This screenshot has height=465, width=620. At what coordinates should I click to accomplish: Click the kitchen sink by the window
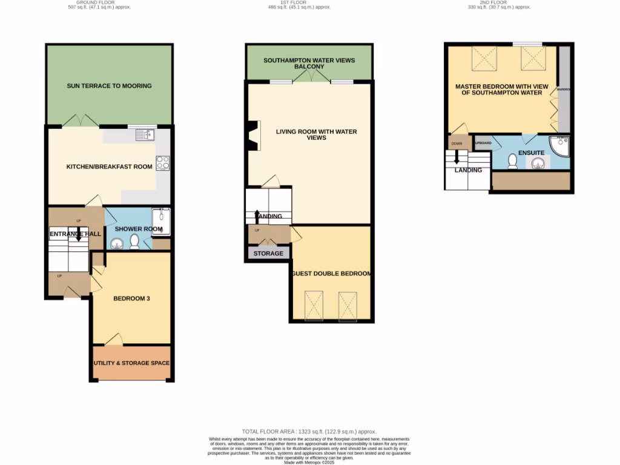click(145, 135)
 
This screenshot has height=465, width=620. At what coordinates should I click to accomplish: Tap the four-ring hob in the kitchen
click(163, 163)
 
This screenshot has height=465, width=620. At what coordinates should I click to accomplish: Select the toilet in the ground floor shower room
click(134, 242)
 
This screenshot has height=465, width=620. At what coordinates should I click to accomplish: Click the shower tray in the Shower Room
click(161, 220)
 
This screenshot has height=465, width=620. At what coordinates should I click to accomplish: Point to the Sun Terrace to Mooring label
click(109, 86)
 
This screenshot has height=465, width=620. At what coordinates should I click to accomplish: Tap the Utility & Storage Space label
click(131, 363)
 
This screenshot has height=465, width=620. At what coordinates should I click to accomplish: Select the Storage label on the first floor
click(268, 253)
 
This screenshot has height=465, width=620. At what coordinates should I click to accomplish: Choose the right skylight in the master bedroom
click(533, 59)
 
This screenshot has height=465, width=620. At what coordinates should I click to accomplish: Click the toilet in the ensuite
click(512, 160)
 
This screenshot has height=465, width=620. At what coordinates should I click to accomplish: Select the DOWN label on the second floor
click(457, 144)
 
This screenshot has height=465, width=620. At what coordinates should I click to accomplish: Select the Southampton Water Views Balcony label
click(309, 64)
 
